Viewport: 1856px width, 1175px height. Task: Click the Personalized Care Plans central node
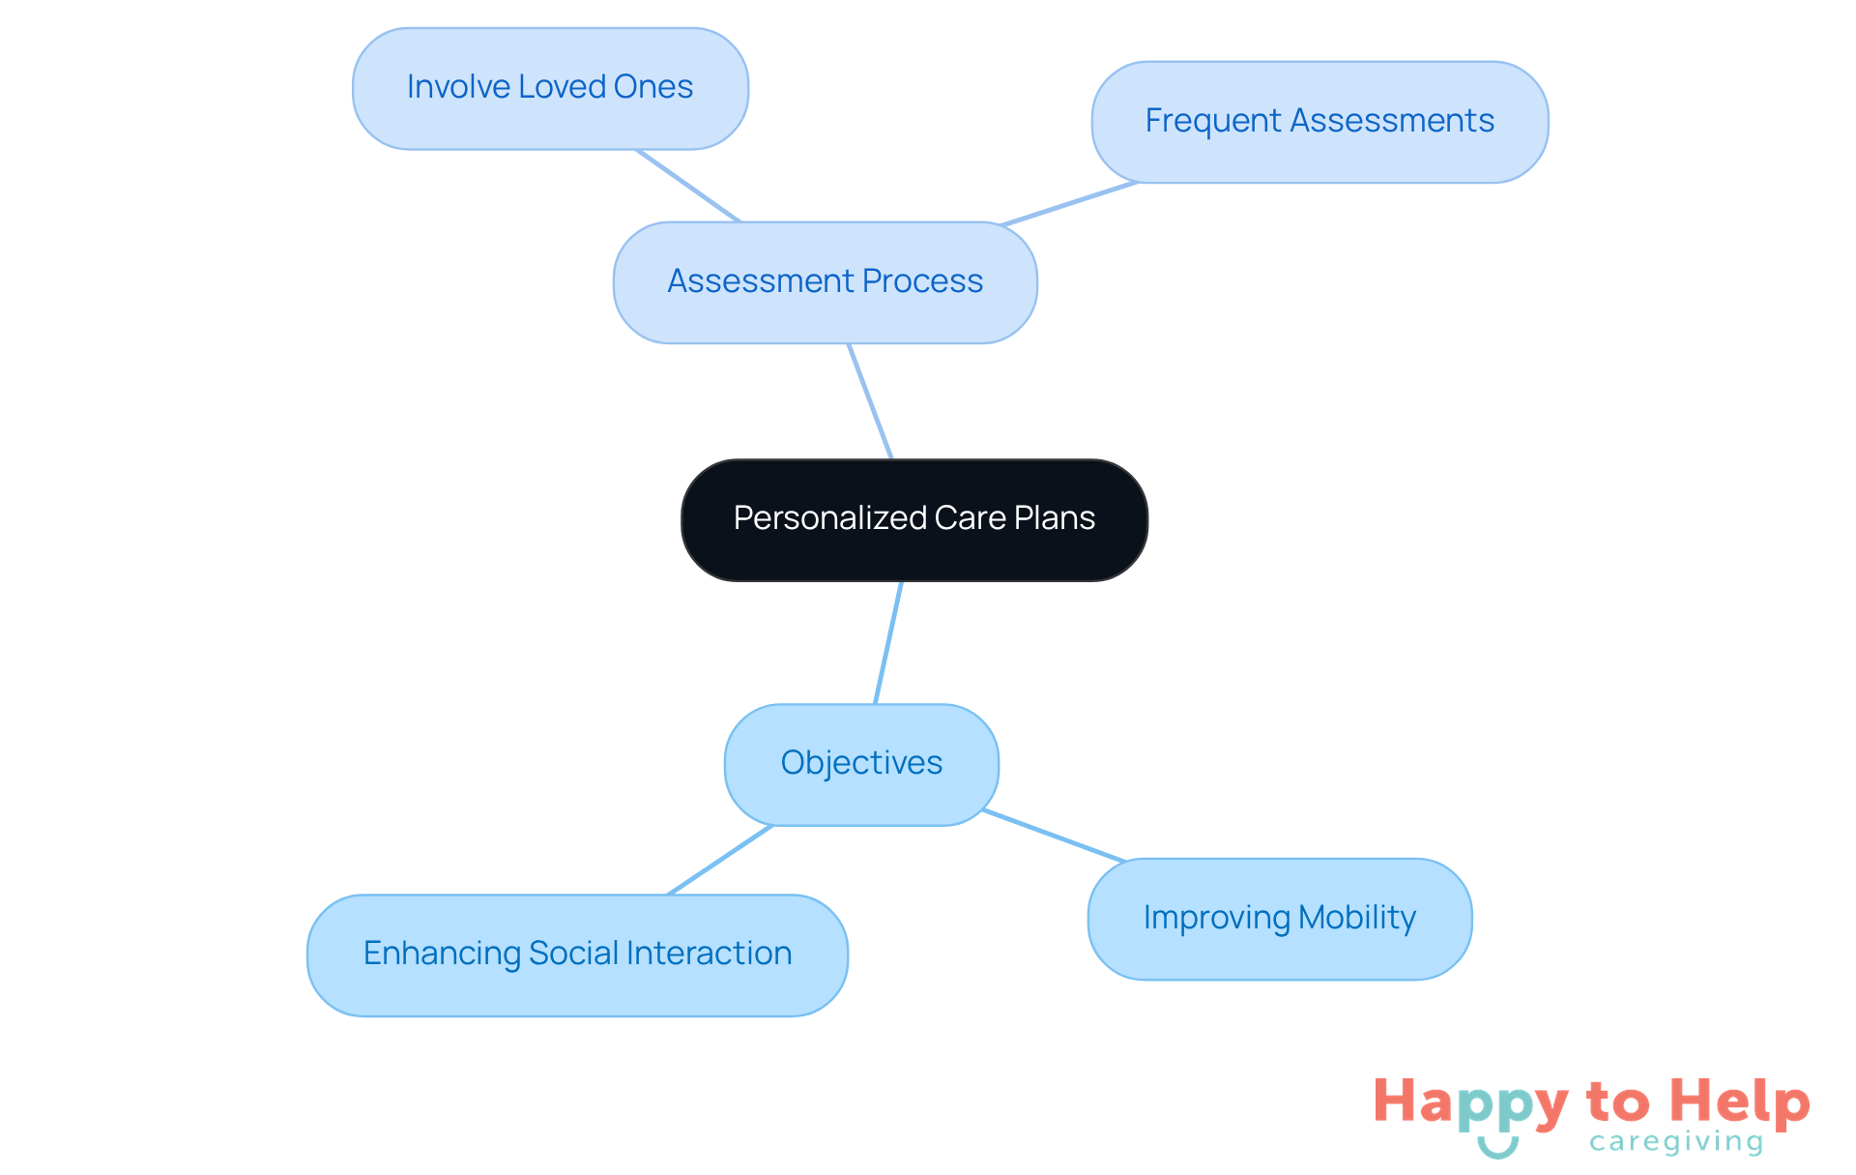tap(913, 519)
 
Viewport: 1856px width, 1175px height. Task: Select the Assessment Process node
tap(825, 282)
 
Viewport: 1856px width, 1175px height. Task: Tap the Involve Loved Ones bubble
tap(550, 88)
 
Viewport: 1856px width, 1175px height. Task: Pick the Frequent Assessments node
tap(1319, 122)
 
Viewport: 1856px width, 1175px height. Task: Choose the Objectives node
tap(861, 764)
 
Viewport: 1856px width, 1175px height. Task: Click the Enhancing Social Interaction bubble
tap(577, 955)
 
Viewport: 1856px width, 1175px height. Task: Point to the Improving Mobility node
tap(1279, 919)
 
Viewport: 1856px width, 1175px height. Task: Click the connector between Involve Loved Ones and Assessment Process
tap(687, 186)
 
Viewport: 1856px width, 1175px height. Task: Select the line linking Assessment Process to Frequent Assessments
tap(1068, 204)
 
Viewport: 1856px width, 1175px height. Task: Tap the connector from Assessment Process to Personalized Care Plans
tap(870, 401)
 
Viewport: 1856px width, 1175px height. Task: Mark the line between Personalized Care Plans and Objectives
tap(888, 642)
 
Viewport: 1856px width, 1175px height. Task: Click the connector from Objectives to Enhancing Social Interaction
tap(720, 860)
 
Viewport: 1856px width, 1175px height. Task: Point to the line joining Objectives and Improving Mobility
tap(1054, 836)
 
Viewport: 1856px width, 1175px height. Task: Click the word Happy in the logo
tap(1469, 1103)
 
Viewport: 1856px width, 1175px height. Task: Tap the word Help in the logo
tap(1739, 1103)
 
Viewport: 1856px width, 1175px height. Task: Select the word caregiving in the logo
tap(1676, 1143)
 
